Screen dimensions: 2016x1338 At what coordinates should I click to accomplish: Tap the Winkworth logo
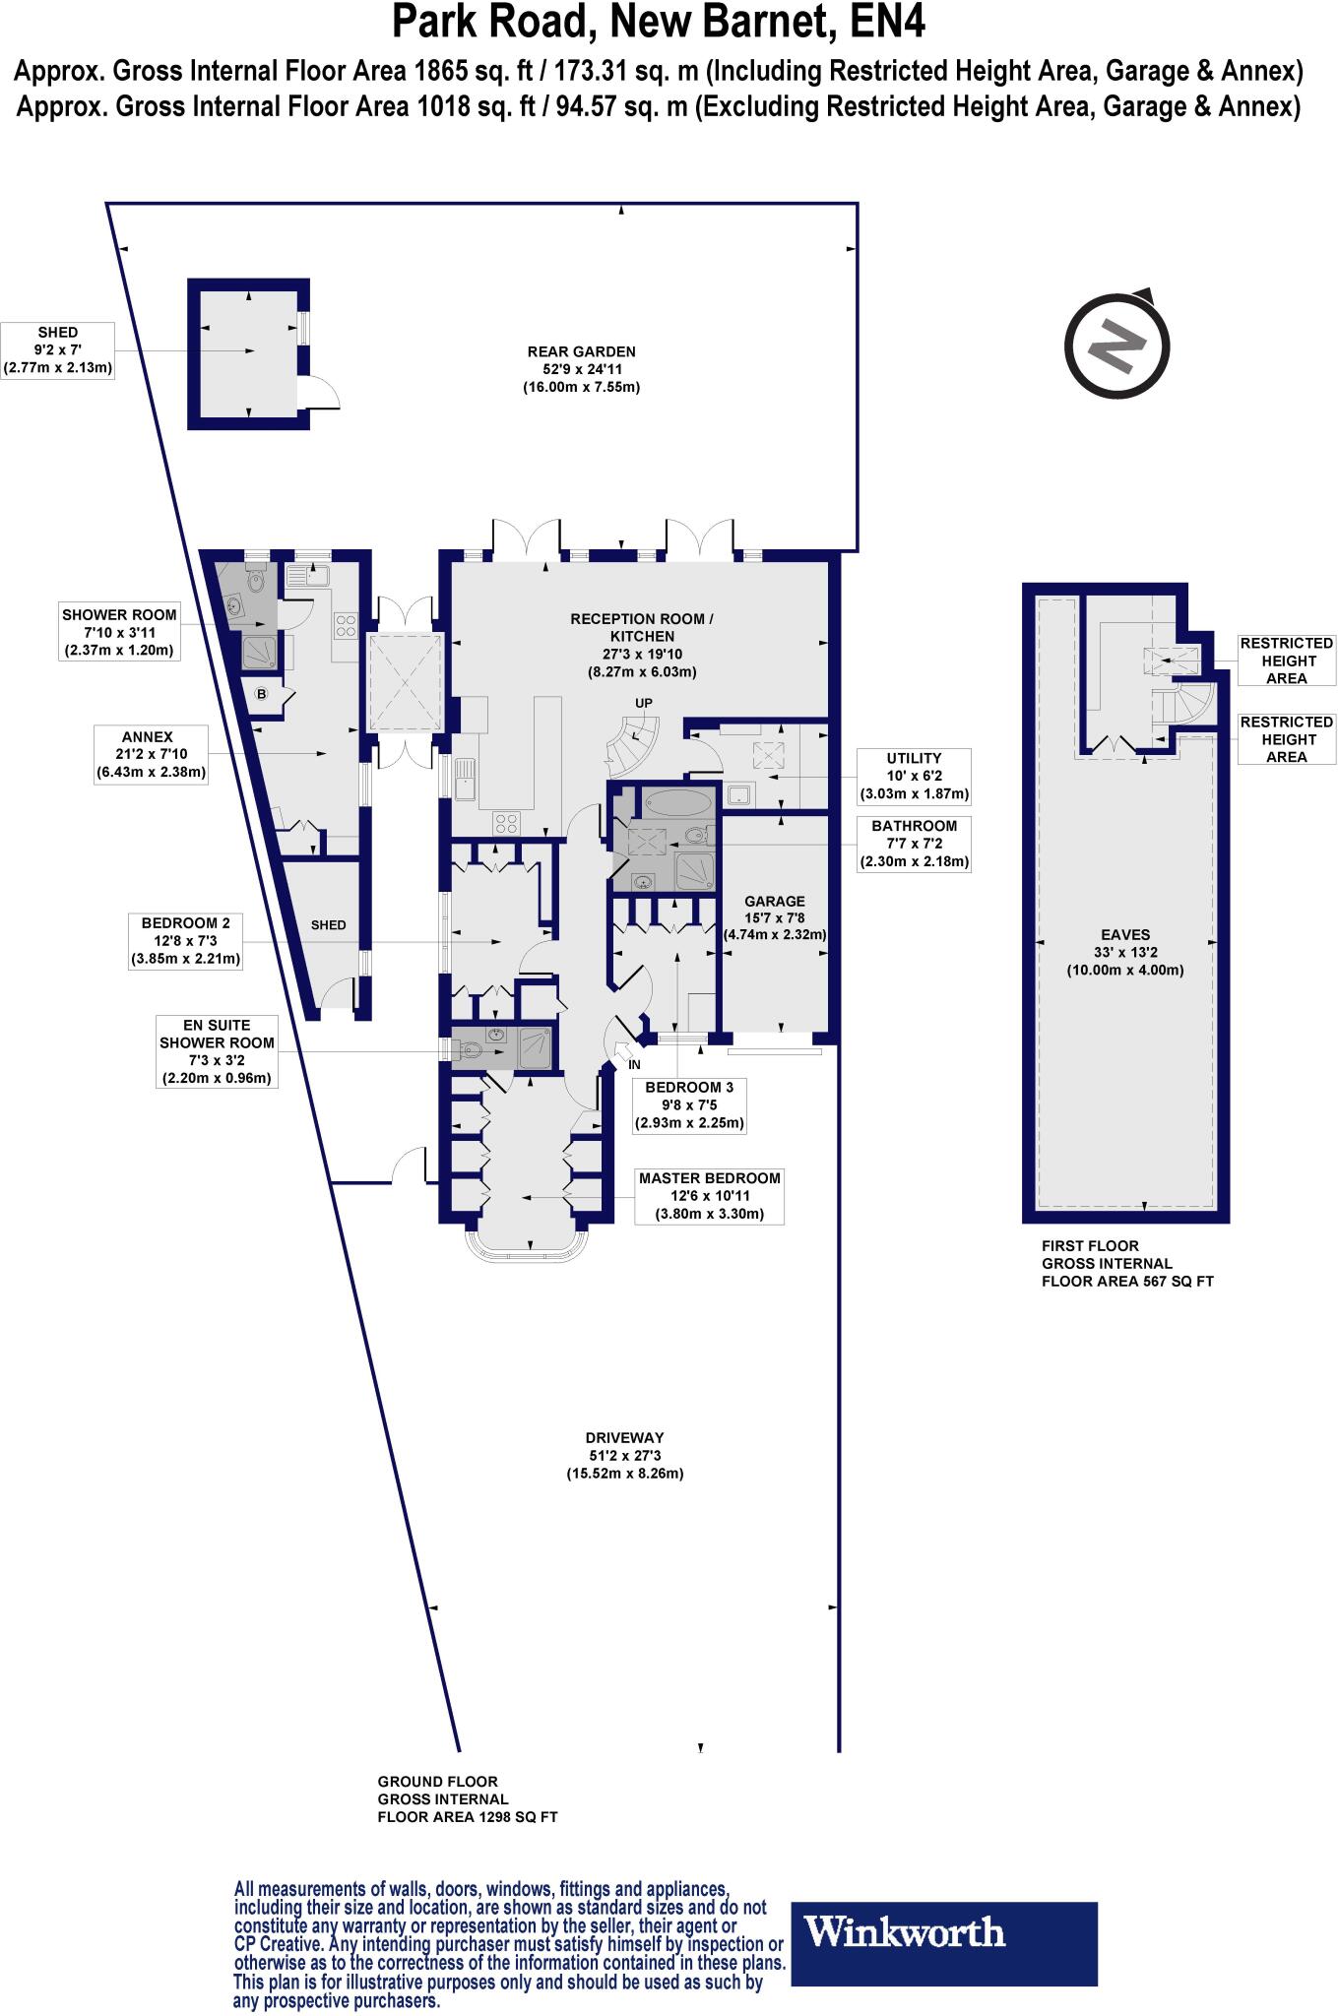[x=944, y=1958]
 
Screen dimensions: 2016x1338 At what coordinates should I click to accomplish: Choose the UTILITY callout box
[x=914, y=776]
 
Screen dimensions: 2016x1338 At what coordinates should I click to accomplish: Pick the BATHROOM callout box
[x=914, y=844]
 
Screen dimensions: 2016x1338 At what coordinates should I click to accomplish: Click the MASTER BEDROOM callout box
[x=709, y=1195]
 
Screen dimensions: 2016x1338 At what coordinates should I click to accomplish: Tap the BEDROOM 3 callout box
[x=689, y=1104]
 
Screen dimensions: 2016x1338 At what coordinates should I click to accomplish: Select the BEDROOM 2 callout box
[x=186, y=940]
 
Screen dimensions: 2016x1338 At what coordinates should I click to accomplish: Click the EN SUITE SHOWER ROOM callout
[x=217, y=1052]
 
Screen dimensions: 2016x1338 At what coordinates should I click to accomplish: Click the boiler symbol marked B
[x=262, y=694]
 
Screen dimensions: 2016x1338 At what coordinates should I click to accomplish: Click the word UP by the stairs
[x=644, y=703]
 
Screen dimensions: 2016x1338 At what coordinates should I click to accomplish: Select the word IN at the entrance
[x=634, y=1065]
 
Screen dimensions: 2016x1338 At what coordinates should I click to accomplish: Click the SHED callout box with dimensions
[x=59, y=350]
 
